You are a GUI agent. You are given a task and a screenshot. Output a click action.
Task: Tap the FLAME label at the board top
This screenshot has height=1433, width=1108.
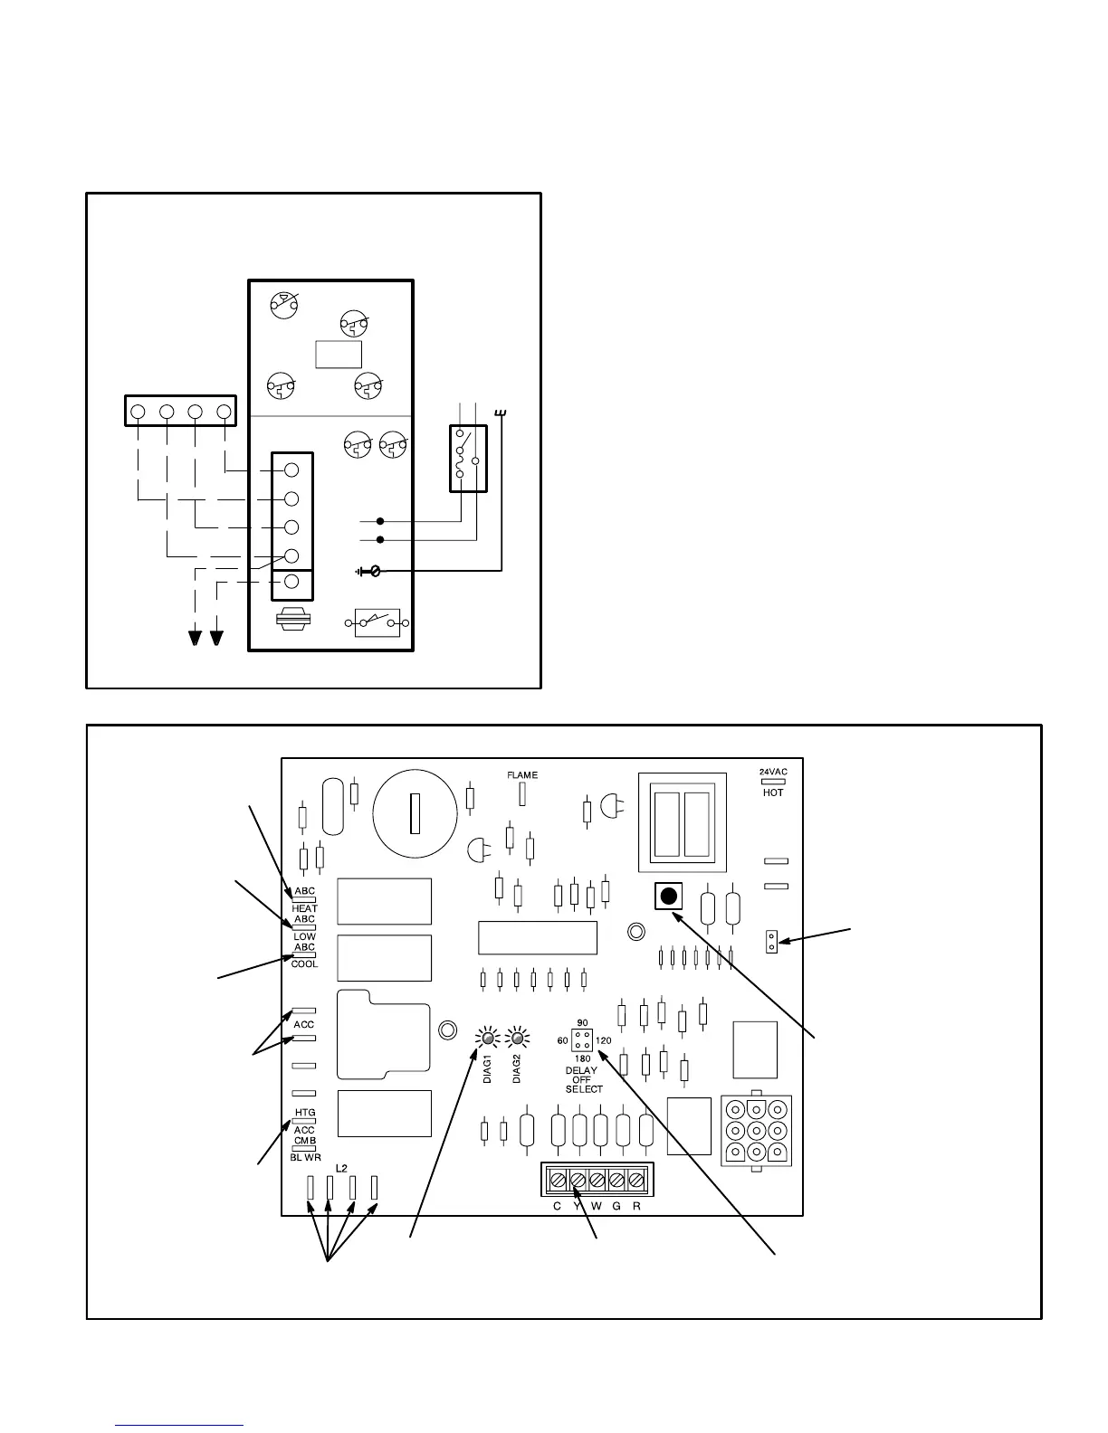(x=522, y=775)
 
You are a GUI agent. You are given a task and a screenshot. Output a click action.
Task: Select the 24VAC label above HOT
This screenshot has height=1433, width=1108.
(x=773, y=772)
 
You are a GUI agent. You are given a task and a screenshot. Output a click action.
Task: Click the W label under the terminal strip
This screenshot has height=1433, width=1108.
(x=596, y=1206)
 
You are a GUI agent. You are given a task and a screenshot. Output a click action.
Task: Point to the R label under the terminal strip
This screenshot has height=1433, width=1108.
(x=636, y=1206)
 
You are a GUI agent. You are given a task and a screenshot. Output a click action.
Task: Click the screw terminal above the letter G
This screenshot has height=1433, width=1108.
(x=616, y=1180)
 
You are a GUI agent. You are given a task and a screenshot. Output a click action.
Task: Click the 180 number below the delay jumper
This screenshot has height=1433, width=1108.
(x=582, y=1058)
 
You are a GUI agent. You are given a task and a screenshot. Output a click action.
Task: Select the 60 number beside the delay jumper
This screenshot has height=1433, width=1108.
(x=562, y=1040)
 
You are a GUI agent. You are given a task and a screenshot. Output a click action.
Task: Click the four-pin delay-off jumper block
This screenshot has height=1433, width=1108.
(x=582, y=1039)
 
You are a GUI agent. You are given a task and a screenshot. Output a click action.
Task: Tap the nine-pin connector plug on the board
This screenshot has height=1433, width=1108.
(x=756, y=1131)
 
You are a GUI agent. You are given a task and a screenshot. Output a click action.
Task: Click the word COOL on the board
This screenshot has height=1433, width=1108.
(x=304, y=964)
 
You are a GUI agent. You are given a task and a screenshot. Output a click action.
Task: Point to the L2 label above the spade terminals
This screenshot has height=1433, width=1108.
(x=341, y=1168)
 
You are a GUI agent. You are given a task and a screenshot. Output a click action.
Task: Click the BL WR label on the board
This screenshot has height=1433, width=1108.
(x=305, y=1157)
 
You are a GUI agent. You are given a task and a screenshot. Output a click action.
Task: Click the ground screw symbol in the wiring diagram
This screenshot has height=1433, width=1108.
(x=370, y=572)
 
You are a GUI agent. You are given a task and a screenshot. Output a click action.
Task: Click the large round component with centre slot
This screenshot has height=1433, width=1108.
(x=415, y=812)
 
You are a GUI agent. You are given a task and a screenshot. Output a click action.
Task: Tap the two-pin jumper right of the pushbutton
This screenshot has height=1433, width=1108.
(x=771, y=941)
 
